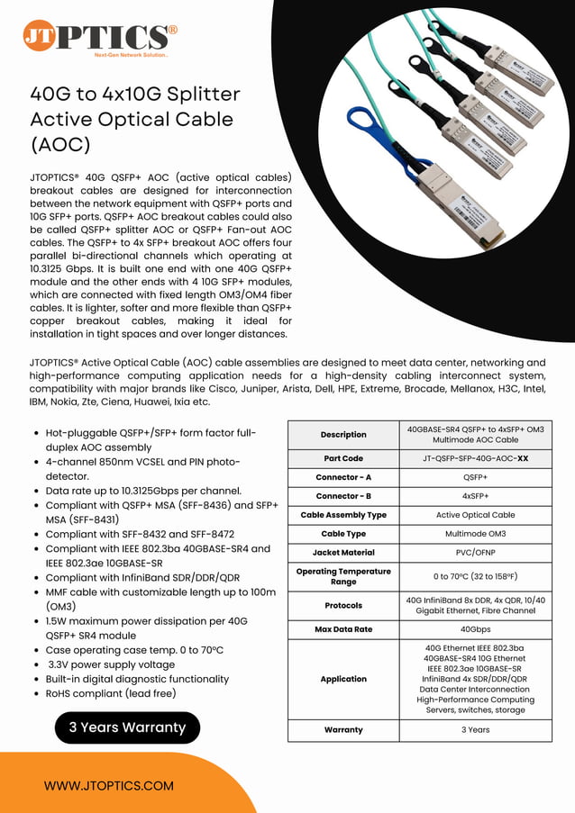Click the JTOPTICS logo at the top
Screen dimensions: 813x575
point(99,37)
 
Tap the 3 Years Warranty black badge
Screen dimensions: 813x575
point(127,727)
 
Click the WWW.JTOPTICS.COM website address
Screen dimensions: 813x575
point(108,785)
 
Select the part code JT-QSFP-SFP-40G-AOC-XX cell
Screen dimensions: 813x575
point(475,458)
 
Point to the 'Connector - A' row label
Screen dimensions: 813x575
point(343,477)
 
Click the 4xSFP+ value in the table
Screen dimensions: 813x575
point(475,496)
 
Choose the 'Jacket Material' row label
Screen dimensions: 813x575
point(343,552)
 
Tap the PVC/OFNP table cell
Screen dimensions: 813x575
point(475,552)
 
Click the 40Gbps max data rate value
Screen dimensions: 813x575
point(475,628)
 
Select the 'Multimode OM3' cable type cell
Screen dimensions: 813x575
point(475,534)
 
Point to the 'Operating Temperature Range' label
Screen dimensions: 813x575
point(343,576)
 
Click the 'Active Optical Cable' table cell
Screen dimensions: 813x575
point(475,515)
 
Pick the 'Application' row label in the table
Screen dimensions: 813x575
point(343,679)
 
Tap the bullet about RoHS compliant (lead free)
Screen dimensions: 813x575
point(111,693)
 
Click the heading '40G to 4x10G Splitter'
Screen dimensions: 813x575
point(135,94)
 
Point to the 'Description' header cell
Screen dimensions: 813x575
point(343,434)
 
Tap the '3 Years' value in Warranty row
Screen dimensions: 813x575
point(475,729)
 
